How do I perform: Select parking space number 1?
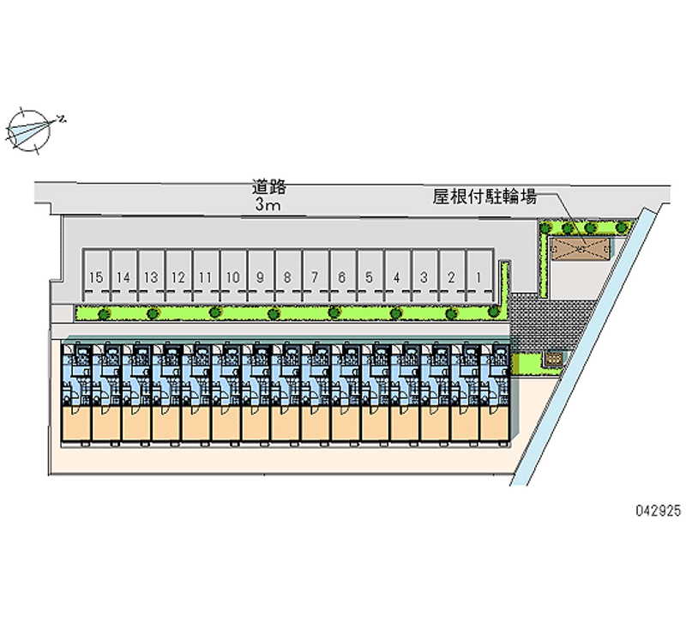point(478,276)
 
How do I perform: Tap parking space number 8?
point(287,276)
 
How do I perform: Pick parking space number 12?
point(178,276)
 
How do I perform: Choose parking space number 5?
point(369,276)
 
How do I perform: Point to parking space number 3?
point(424,276)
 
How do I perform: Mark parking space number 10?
point(232,276)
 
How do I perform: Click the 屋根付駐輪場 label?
point(484,197)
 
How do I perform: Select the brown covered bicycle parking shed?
point(581,249)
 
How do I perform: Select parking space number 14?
point(123,276)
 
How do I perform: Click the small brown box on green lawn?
point(554,356)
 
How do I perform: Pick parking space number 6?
point(341,276)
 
